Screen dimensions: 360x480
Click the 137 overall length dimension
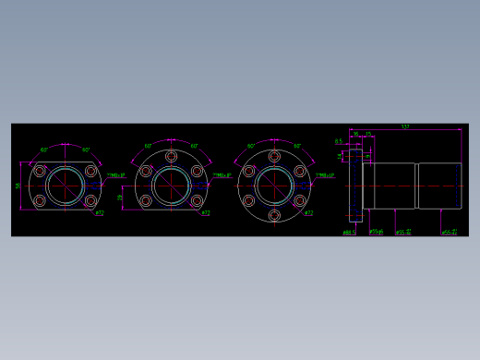pyautogui.click(x=405, y=126)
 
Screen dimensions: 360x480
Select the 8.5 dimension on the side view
pyautogui.click(x=338, y=141)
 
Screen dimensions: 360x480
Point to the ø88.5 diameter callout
pyautogui.click(x=349, y=233)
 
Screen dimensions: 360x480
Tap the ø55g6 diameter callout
pyautogui.click(x=377, y=232)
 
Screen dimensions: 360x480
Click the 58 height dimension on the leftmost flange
pyautogui.click(x=18, y=186)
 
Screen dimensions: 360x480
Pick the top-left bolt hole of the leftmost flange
pyautogui.click(x=40, y=171)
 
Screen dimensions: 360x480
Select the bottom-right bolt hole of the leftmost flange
pyautogui.click(x=90, y=200)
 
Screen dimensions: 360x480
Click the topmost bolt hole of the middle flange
pyautogui.click(x=171, y=157)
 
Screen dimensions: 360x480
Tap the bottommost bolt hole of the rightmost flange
pyautogui.click(x=273, y=215)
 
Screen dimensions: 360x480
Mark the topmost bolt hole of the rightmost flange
pyautogui.click(x=273, y=157)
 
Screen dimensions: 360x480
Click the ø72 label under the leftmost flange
pyautogui.click(x=100, y=213)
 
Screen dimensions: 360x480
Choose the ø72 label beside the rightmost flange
pyautogui.click(x=307, y=213)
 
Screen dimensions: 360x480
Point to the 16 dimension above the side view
pyautogui.click(x=355, y=135)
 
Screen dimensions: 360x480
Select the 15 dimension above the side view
pyautogui.click(x=367, y=135)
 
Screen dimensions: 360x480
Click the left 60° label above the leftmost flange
pyautogui.click(x=43, y=150)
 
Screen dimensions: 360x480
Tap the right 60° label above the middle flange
pyautogui.click(x=195, y=146)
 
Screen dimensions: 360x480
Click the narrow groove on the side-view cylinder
pyautogui.click(x=416, y=186)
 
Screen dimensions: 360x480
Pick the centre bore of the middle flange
pyautogui.click(x=171, y=186)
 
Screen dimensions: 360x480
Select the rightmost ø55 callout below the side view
pyautogui.click(x=450, y=233)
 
